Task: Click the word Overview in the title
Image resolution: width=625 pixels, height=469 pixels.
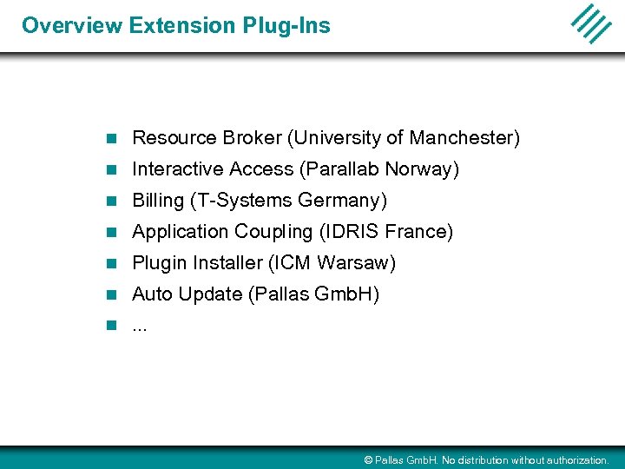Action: click(72, 25)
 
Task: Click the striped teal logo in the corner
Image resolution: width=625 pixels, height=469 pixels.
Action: click(591, 23)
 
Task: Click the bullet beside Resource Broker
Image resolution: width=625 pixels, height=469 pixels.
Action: click(110, 138)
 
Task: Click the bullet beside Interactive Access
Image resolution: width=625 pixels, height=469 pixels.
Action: click(110, 169)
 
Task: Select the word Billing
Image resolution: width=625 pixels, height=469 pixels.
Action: click(158, 201)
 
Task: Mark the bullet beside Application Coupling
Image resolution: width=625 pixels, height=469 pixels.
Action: click(110, 232)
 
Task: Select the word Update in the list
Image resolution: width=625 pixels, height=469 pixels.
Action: click(210, 294)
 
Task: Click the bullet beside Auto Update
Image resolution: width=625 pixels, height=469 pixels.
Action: click(110, 294)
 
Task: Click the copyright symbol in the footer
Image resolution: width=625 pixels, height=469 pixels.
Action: click(368, 460)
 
